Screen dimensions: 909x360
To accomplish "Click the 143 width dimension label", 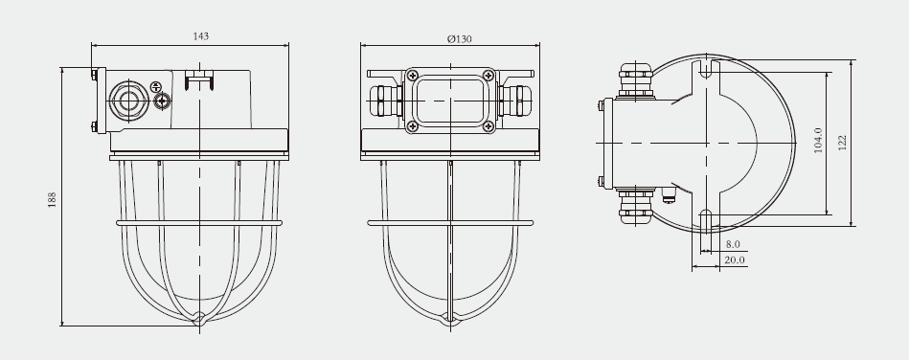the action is [x=200, y=36].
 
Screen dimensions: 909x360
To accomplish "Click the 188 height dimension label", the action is [x=52, y=199].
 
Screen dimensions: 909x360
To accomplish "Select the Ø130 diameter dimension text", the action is [x=459, y=39].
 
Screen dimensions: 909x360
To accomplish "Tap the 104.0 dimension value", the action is [x=818, y=141].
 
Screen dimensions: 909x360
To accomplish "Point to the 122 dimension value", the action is [x=842, y=143].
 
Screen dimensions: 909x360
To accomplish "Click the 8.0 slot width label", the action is [x=733, y=245].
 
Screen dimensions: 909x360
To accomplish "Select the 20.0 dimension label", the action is [x=735, y=259].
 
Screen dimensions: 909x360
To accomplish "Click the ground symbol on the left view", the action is [x=155, y=86].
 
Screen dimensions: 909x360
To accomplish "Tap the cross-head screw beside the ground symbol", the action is [x=162, y=101].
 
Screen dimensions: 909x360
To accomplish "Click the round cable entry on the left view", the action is [x=128, y=101].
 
